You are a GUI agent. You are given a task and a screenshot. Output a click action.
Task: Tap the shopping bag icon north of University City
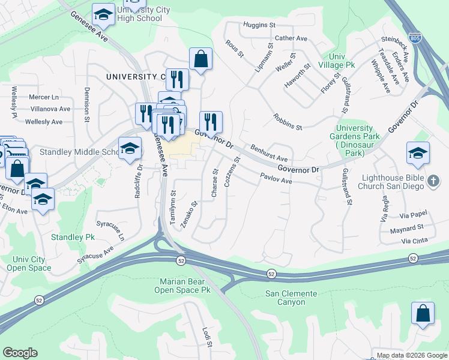point(200,59)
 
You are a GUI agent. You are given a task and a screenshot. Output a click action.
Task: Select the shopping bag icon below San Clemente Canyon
point(423,313)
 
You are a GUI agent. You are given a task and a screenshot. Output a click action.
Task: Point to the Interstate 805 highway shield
point(415,36)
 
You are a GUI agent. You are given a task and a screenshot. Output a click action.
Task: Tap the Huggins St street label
point(259,25)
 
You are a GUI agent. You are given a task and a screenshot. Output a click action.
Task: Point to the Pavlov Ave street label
point(276,178)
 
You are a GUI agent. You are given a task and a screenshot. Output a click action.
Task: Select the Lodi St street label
point(206,337)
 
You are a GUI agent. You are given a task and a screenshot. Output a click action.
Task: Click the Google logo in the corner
point(20,353)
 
